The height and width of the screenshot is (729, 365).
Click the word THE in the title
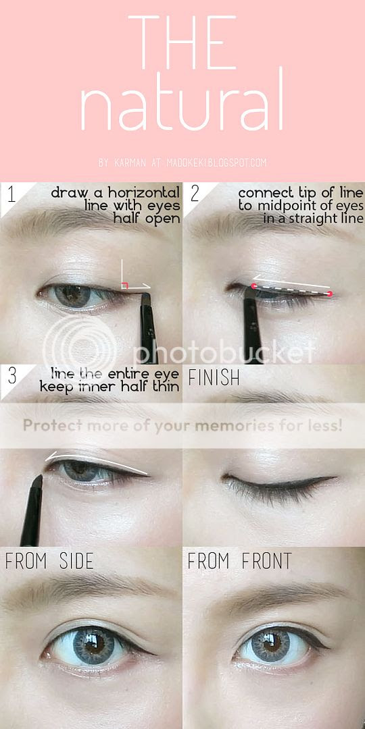coord(182,43)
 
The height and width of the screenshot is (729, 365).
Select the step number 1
coord(11,195)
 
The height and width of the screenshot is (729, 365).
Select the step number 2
coord(195,194)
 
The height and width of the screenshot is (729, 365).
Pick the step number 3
coord(12,376)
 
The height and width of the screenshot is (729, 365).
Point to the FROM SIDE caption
coord(49,561)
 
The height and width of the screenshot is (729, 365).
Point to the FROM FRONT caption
coord(239,561)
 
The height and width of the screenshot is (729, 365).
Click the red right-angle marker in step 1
coord(125,286)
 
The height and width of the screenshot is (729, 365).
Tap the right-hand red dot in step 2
coord(330,294)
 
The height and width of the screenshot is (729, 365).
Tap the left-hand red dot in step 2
coord(253,286)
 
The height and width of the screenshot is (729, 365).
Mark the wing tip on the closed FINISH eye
coord(336,477)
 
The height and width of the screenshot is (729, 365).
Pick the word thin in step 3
coord(167,386)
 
